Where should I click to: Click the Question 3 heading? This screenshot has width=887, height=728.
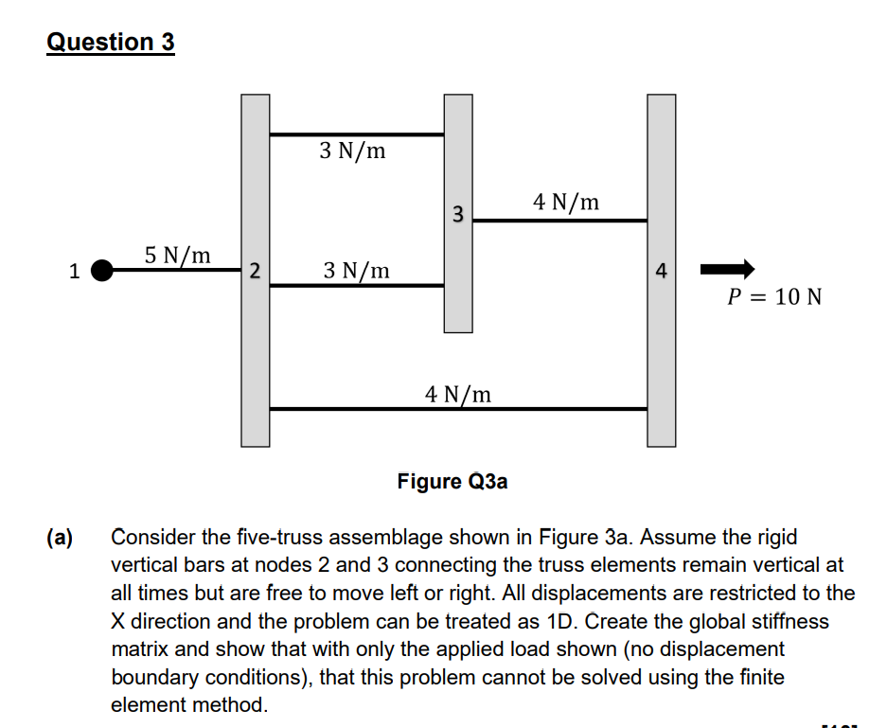[111, 43]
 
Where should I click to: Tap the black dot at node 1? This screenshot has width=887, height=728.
[101, 271]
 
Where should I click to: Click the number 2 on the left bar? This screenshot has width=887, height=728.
[253, 271]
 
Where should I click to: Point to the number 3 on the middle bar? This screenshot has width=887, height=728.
[457, 213]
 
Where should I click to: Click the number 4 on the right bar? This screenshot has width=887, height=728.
[662, 272]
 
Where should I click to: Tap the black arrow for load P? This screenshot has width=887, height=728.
[726, 269]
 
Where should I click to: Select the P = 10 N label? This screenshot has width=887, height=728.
[773, 297]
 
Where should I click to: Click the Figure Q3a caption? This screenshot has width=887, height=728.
[452, 481]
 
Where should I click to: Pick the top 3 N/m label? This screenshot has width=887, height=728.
[352, 151]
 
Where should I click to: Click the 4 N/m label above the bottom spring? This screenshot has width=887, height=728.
[458, 393]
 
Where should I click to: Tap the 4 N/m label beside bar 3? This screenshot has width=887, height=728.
[566, 202]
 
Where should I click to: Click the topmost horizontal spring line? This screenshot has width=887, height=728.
[356, 134]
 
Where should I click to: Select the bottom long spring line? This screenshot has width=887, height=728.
[458, 409]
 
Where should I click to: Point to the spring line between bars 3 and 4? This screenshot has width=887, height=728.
[559, 221]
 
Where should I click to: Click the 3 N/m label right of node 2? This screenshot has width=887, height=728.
[356, 271]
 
